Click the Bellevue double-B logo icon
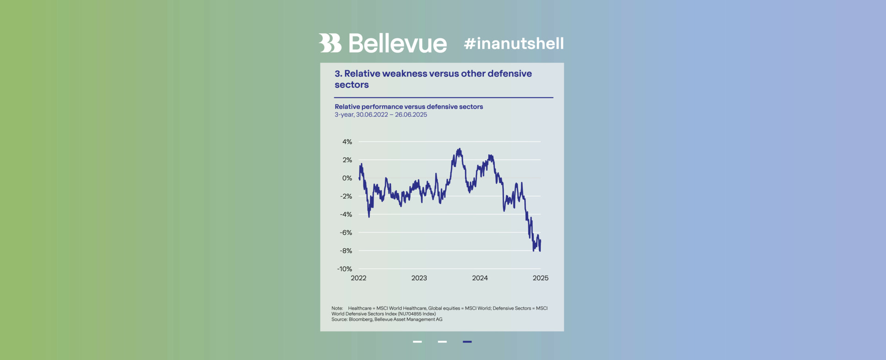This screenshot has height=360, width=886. [330, 43]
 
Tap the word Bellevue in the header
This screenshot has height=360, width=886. [397, 43]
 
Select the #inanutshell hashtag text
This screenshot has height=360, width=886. [514, 43]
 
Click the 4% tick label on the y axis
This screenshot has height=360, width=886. [347, 142]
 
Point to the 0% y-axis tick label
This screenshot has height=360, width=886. [347, 178]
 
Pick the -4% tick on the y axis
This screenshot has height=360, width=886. [346, 215]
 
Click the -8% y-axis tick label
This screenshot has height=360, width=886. [346, 251]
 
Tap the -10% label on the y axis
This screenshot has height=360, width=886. [345, 269]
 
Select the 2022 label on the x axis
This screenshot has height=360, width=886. [359, 278]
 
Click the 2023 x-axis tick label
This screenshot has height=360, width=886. [419, 278]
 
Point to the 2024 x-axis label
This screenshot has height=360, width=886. [480, 278]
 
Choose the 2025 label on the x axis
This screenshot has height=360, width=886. [540, 278]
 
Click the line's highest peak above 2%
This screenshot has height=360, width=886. [459, 149]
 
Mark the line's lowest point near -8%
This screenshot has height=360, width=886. [540, 251]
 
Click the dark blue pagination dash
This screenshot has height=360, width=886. [467, 342]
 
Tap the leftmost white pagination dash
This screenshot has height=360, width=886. [417, 342]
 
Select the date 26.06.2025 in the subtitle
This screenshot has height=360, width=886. [411, 115]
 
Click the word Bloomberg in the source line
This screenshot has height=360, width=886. [360, 319]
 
